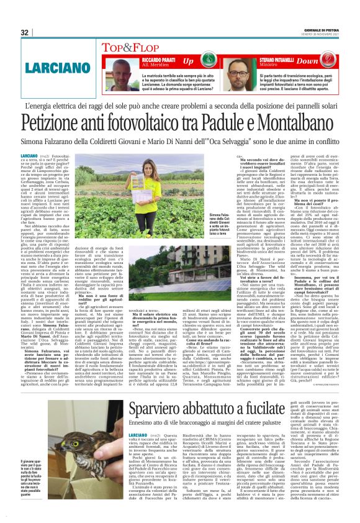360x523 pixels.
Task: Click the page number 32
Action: (25, 33)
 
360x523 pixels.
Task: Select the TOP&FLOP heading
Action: (127, 47)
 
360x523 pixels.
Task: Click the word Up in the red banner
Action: (189, 61)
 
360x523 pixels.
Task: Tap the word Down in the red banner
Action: (323, 61)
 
